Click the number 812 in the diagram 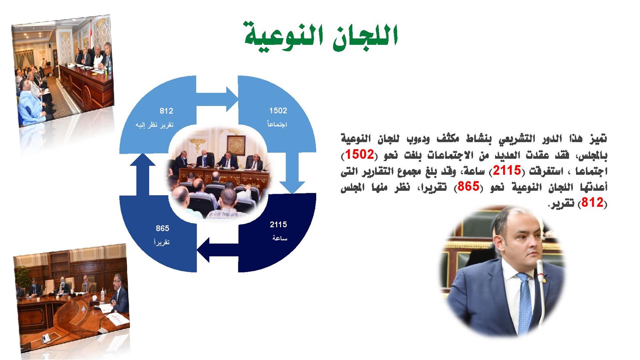tap(166, 111)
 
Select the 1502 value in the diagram tap(278, 110)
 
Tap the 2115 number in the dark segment tap(278, 224)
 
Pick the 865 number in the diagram tap(162, 228)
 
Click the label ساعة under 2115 tap(280, 238)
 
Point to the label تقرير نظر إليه tap(154, 125)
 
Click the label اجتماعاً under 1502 tap(277, 124)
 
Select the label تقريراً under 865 tap(162, 242)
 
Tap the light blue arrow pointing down tap(292, 173)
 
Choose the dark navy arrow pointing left tap(218, 250)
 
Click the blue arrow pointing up tap(142, 174)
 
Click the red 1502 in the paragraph tap(360, 154)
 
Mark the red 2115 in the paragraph tap(507, 170)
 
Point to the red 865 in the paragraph tap(468, 186)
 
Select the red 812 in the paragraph tap(592, 202)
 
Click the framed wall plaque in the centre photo tap(236, 146)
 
